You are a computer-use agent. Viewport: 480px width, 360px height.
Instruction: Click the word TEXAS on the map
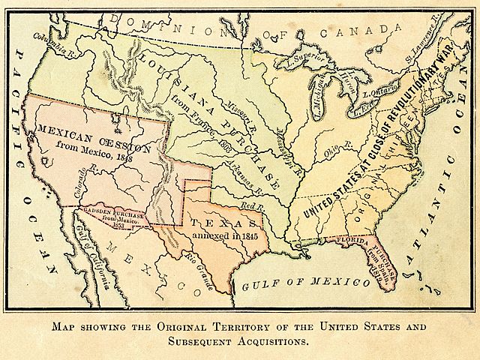[225, 222]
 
